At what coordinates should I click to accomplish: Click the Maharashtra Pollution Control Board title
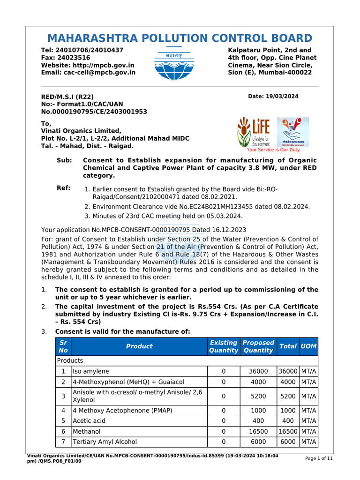point(180,38)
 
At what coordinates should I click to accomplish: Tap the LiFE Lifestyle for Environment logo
point(254,132)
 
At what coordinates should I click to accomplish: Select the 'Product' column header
point(139,346)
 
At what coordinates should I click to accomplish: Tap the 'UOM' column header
point(308,346)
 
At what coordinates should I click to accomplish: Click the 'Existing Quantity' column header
point(223,346)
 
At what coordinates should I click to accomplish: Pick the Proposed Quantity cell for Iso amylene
point(258,371)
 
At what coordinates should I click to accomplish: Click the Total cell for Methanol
point(288,431)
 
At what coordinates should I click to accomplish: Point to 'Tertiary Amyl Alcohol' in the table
point(105,442)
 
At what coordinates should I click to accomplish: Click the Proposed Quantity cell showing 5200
point(258,396)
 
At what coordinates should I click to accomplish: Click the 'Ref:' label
point(64,188)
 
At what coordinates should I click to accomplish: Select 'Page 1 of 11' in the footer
point(319,458)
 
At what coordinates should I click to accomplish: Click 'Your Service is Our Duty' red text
point(273,150)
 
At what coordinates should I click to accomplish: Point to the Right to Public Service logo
point(293,132)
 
